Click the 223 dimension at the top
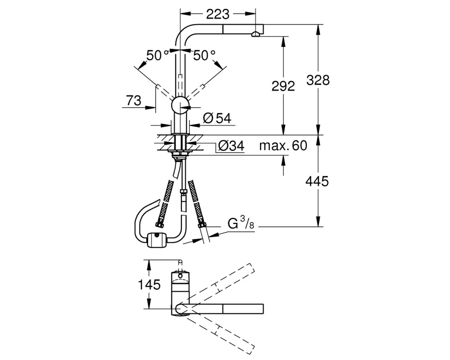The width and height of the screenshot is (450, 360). click(x=218, y=14)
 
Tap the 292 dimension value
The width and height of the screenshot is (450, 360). click(x=283, y=86)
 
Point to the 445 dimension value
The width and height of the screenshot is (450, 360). click(x=317, y=181)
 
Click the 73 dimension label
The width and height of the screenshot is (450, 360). click(x=134, y=100)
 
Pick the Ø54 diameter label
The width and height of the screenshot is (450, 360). click(x=217, y=118)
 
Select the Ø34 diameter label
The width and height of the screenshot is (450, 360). click(x=231, y=146)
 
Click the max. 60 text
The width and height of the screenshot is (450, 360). click(x=283, y=146)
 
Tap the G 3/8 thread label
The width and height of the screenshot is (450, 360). click(x=241, y=223)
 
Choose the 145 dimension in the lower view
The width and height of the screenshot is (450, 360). click(x=149, y=285)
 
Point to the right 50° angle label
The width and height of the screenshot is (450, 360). click(x=204, y=55)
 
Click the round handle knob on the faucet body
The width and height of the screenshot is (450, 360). click(x=180, y=105)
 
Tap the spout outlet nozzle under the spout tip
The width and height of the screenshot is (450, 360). click(x=256, y=35)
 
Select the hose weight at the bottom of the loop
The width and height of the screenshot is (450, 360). click(x=157, y=240)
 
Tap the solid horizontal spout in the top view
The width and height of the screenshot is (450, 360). click(x=221, y=309)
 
